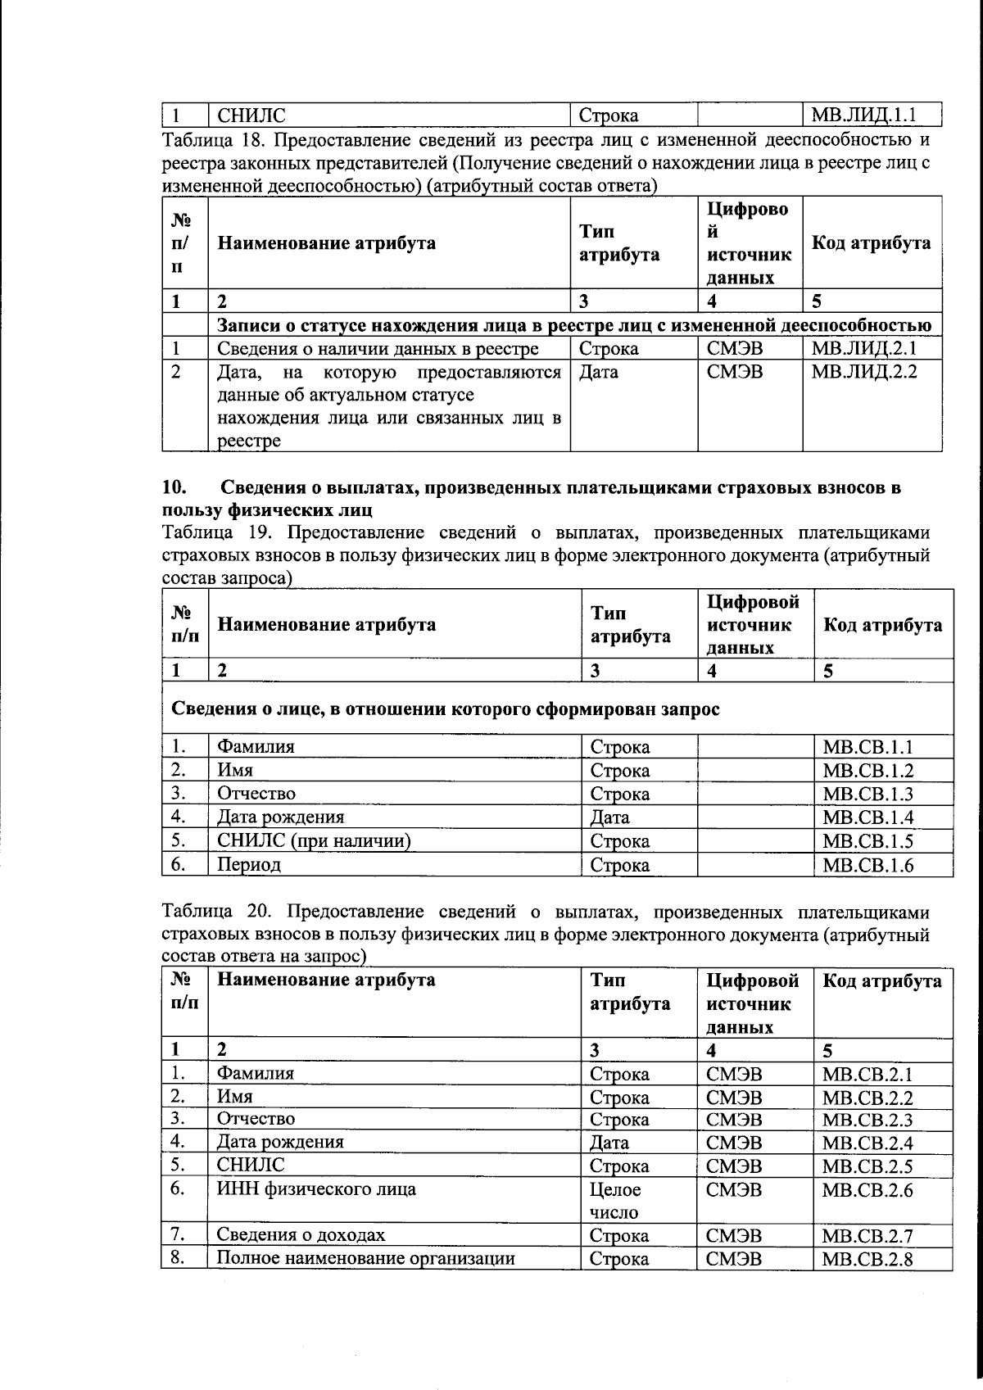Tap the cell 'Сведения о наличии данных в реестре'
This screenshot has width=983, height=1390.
378,349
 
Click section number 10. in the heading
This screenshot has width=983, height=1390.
175,488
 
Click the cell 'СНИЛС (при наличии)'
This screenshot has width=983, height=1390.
314,841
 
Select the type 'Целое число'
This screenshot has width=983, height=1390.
615,1201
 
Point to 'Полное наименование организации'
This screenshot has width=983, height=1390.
365,1259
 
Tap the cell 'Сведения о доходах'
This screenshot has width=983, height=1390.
301,1235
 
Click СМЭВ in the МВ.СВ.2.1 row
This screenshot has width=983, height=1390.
734,1074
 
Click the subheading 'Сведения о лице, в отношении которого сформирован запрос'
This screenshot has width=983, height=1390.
445,709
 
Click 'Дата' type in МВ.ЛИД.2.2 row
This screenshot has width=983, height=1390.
599,372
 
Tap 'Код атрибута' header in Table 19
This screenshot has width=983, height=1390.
882,626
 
